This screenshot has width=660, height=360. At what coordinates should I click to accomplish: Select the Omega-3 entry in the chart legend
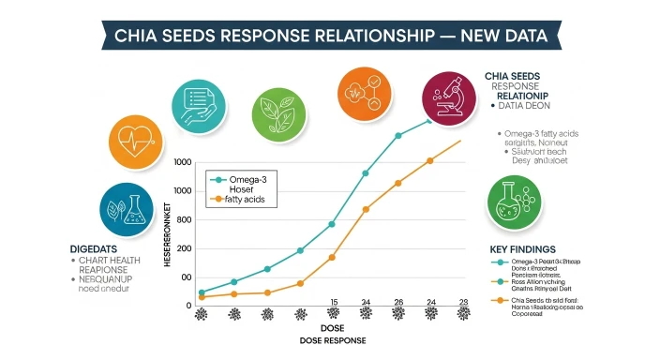[x=247, y=177]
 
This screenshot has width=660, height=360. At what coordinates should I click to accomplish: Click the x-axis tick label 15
[x=332, y=303]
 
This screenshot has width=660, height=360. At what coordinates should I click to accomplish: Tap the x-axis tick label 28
[x=462, y=303]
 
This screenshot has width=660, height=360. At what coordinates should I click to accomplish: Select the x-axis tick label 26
[x=397, y=303]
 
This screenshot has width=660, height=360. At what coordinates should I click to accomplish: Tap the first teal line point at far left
[x=202, y=292]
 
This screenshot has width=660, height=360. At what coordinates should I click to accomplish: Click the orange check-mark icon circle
[x=363, y=94]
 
